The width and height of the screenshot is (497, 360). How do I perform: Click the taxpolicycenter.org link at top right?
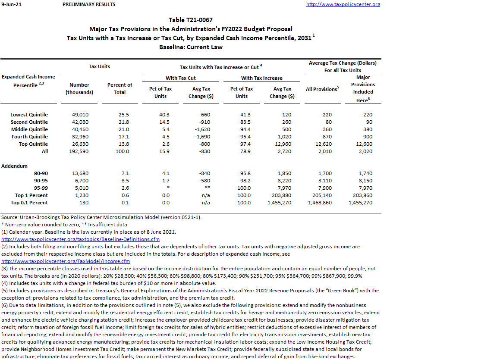pyautogui.click(x=343, y=4)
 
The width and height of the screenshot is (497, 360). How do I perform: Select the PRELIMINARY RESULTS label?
pyautogui.click(x=89, y=4)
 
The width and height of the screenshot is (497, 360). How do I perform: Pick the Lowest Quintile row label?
pyautogui.click(x=29, y=115)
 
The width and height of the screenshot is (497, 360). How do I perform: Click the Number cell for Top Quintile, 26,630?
pyautogui.click(x=79, y=144)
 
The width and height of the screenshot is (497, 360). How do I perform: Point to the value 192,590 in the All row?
pyautogui.click(x=79, y=151)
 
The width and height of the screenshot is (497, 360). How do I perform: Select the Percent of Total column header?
pyautogui.click(x=120, y=88)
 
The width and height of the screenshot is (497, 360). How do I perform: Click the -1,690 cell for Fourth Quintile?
pyautogui.click(x=201, y=137)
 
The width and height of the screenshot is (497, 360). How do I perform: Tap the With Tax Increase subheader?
pyautogui.click(x=261, y=78)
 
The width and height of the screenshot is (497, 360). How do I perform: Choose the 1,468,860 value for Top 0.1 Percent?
pyautogui.click(x=320, y=203)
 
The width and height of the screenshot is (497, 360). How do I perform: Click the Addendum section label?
pyautogui.click(x=14, y=166)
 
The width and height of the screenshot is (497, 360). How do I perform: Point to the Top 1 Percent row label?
pyautogui.click(x=31, y=195)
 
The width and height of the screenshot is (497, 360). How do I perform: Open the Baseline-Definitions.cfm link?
pyautogui.click(x=81, y=239)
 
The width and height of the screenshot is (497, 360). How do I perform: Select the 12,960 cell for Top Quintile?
pyautogui.click(x=282, y=144)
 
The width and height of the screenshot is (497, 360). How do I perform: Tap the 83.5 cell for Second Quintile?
pyautogui.click(x=245, y=122)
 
